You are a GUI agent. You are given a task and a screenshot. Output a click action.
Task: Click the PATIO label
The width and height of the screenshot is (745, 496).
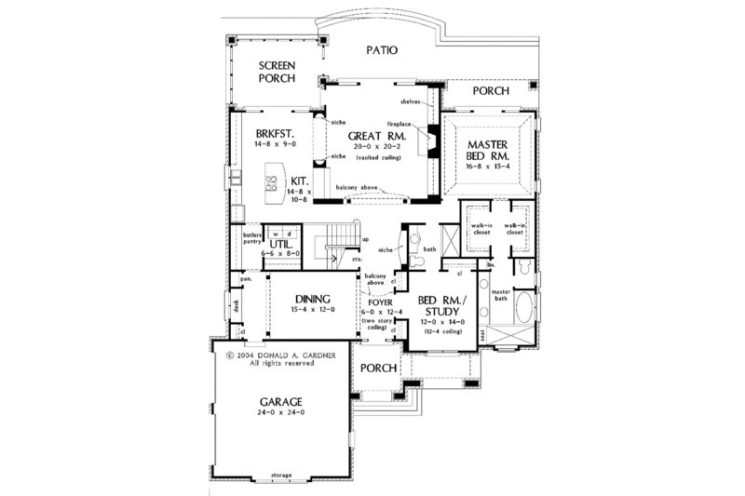pos(383,50)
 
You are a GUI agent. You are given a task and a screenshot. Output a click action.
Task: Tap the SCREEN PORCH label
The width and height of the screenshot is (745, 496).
pos(278,73)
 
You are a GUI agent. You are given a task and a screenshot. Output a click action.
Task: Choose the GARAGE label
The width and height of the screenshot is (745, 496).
pos(278,402)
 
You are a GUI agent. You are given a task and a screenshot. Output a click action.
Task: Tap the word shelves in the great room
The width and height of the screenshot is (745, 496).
pos(413,101)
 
